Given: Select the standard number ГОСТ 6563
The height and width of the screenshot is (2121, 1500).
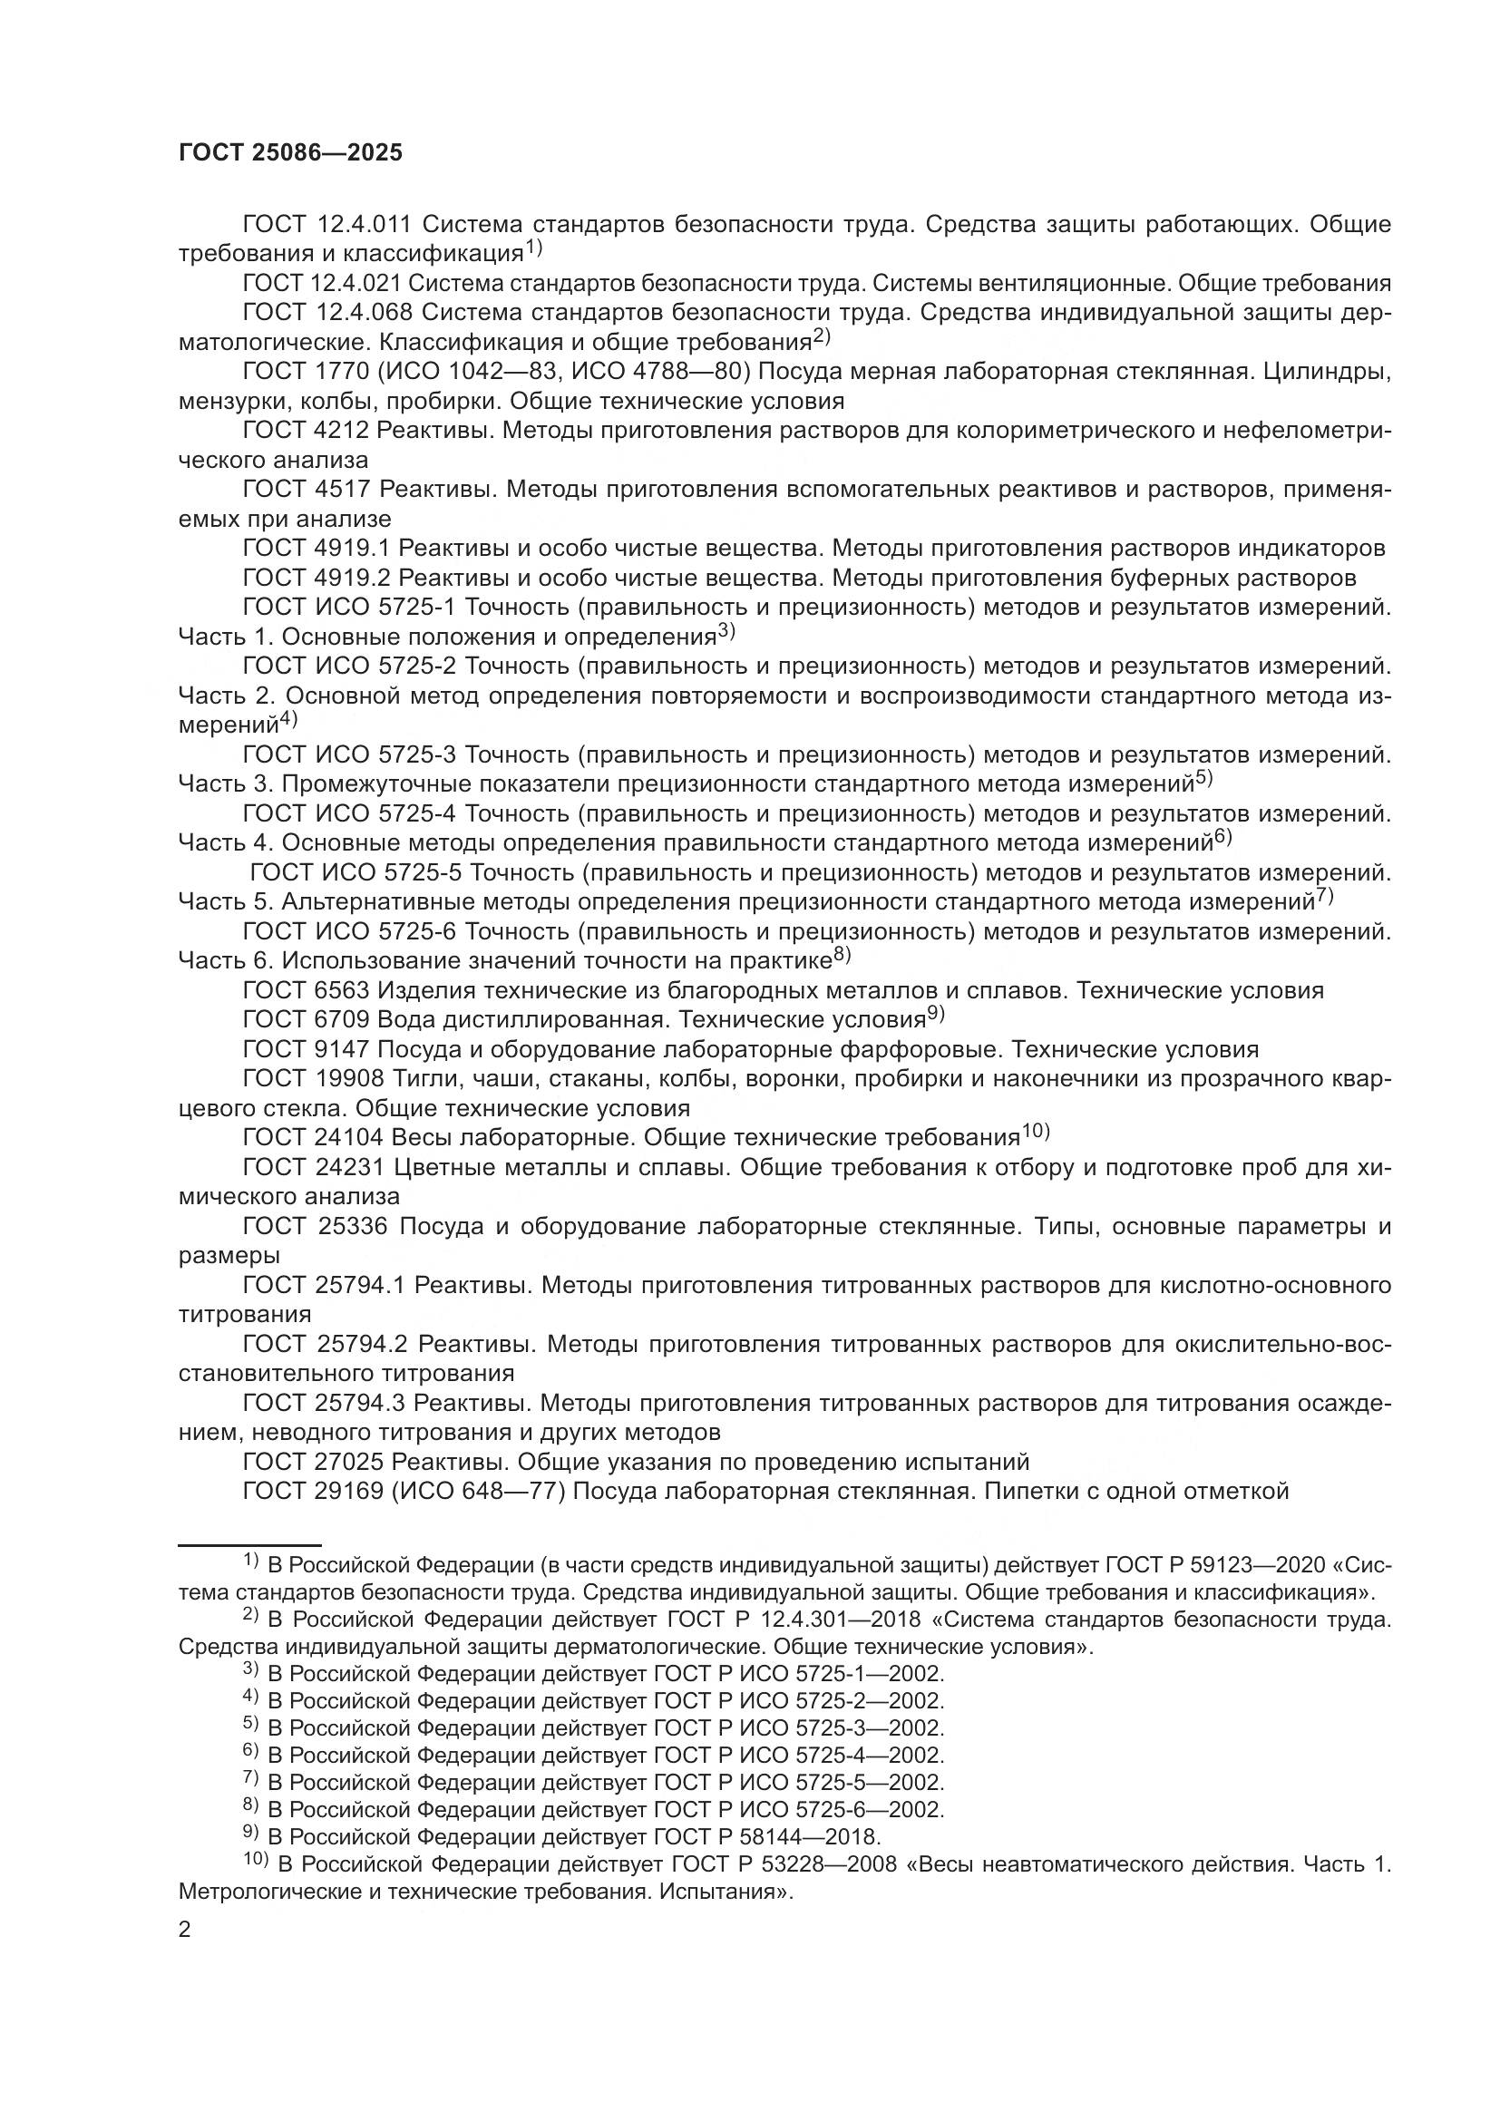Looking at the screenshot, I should (x=306, y=991).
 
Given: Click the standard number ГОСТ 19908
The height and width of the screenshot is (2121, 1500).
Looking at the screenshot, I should (x=313, y=1079).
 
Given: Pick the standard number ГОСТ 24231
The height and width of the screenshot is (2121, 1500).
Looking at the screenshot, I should (x=313, y=1168).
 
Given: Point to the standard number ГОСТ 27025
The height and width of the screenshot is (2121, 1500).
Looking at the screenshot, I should (x=313, y=1463).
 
